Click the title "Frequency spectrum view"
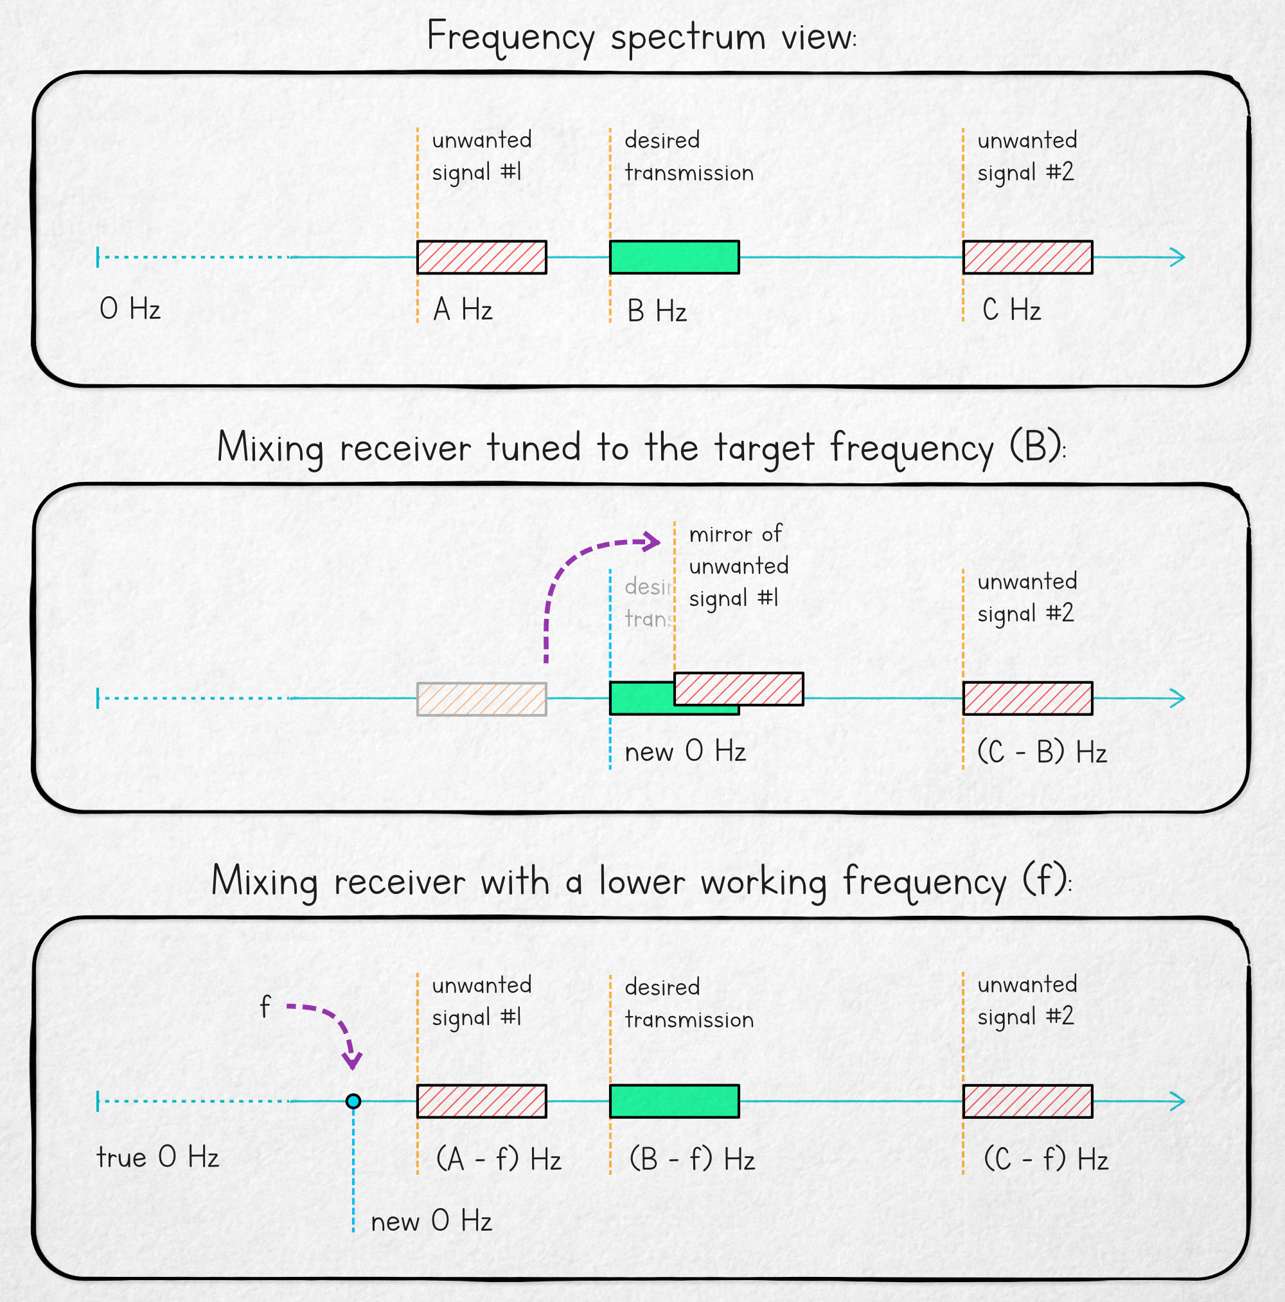tap(641, 37)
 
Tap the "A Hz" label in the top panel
tap(463, 310)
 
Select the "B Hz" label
tap(656, 311)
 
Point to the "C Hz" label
tap(1011, 310)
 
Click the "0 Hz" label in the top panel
tap(130, 309)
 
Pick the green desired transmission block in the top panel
tap(674, 257)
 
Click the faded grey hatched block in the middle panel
tap(481, 699)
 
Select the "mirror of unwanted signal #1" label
tap(738, 566)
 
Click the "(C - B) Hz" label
tap(1041, 752)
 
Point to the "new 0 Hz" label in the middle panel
tap(685, 751)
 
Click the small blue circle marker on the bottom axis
tap(353, 1101)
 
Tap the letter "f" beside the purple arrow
tap(265, 1008)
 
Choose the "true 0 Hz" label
tap(157, 1157)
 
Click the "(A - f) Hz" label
tap(499, 1159)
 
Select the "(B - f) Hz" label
tap(692, 1159)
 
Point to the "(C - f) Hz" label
tap(1046, 1159)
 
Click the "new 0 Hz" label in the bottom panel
tap(431, 1221)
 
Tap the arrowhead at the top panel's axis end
tap(1176, 257)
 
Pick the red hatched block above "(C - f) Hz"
tap(1027, 1101)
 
